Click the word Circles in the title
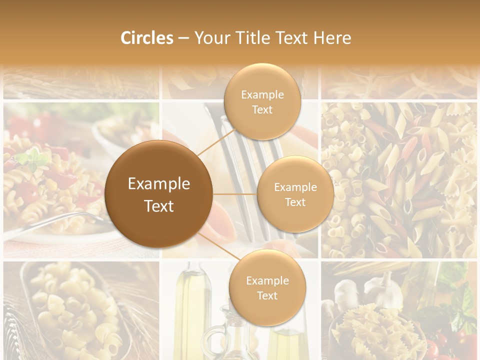point(146,38)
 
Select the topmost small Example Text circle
point(262,102)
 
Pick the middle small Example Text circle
point(295,194)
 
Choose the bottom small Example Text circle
point(267,288)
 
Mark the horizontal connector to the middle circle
point(234,194)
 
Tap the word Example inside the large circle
point(159,184)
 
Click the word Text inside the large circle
point(159,206)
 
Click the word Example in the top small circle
point(262,94)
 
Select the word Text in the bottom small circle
point(267,295)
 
